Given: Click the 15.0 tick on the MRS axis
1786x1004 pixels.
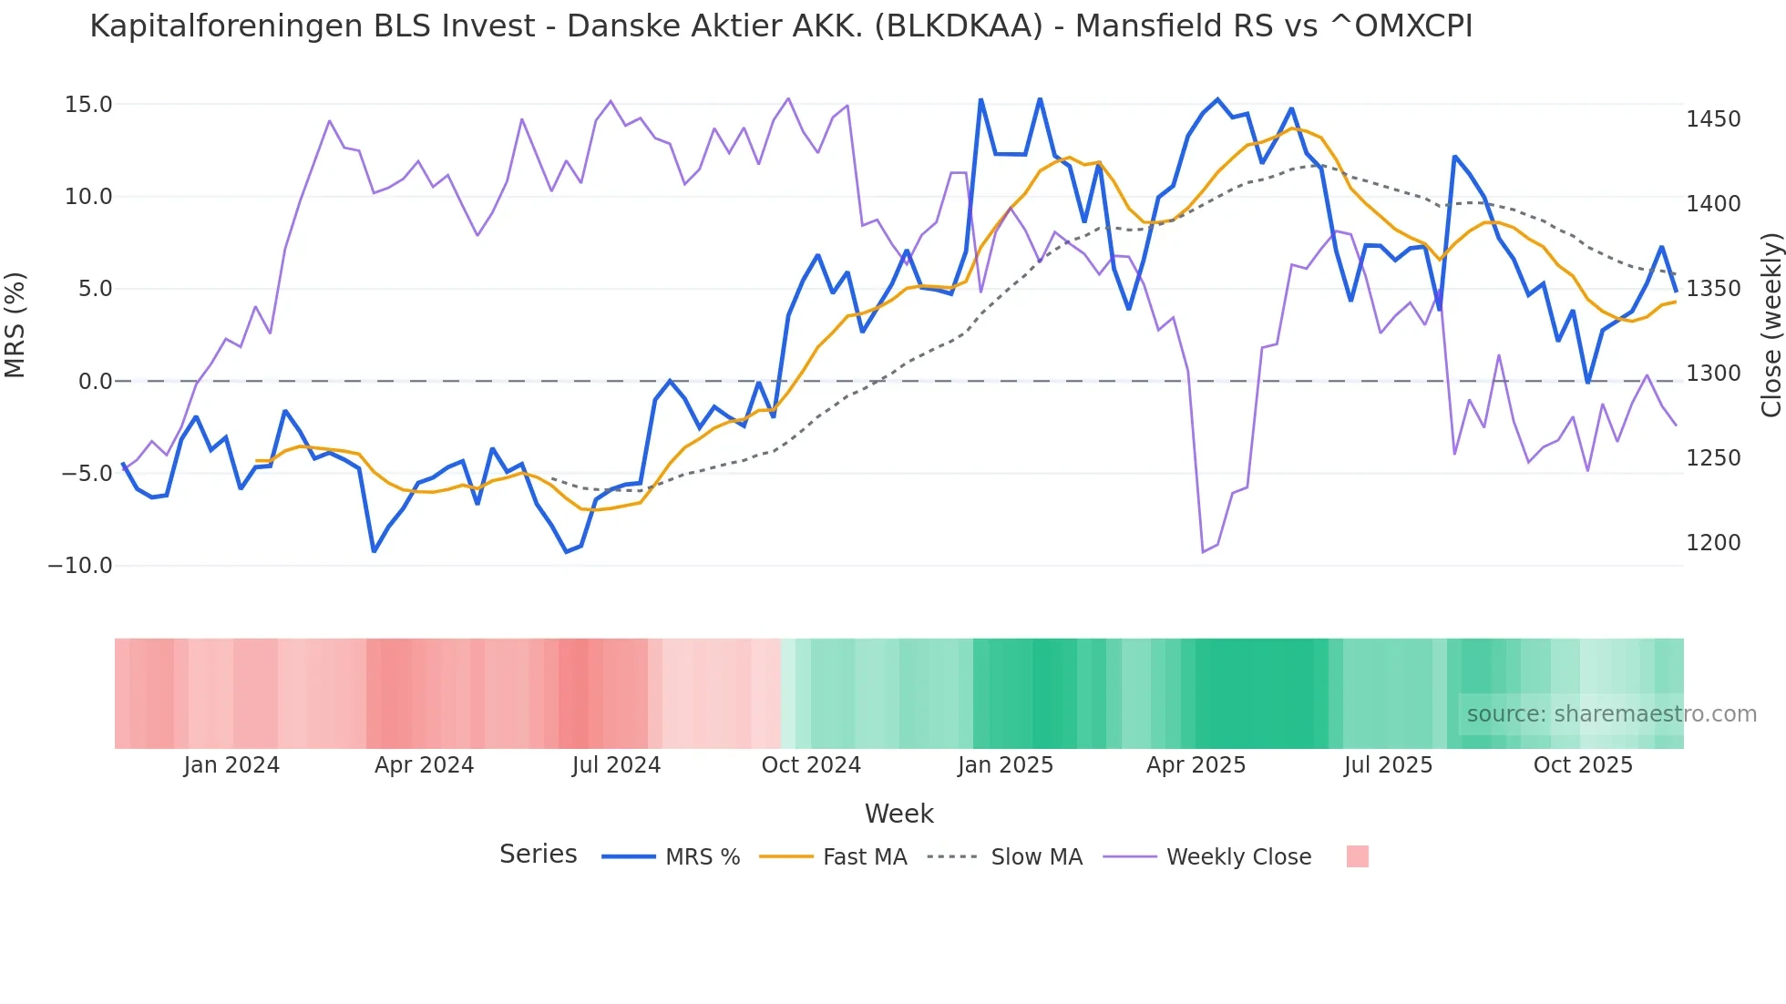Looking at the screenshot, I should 88,105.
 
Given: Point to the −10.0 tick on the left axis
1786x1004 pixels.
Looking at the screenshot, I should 80,566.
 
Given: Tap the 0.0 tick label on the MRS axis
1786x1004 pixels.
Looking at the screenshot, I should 96,382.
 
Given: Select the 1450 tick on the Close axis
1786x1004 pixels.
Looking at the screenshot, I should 1713,119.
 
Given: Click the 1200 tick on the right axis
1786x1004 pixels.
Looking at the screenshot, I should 1713,543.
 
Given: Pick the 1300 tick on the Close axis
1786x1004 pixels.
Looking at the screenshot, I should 1713,374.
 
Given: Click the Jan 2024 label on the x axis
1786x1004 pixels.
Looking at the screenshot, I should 231,765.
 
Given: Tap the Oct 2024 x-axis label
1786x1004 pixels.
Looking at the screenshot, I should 811,765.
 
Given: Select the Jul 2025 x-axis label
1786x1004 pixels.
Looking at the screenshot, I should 1388,765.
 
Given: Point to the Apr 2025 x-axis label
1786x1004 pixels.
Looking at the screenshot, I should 1196,765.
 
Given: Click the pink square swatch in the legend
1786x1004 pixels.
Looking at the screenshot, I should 1357,856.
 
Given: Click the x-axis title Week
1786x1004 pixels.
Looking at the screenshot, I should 898,814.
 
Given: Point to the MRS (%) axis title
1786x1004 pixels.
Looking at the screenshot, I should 15,325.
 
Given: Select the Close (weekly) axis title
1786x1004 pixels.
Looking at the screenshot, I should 1771,325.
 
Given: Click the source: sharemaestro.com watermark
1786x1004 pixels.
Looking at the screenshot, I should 1611,714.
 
